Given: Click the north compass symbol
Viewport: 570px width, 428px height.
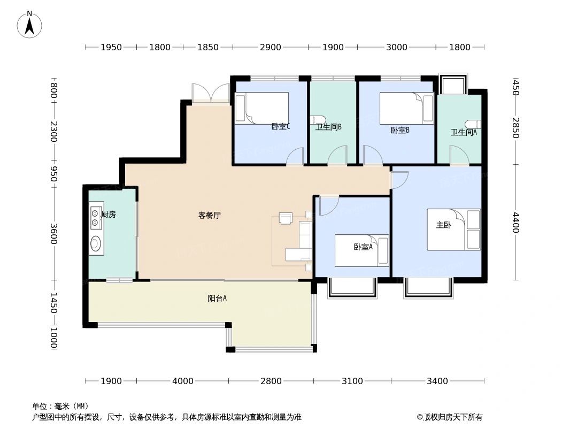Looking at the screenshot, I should (x=30, y=24).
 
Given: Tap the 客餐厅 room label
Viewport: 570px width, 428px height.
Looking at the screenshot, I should (x=210, y=216).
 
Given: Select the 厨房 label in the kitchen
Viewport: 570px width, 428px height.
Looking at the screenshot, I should (x=109, y=214).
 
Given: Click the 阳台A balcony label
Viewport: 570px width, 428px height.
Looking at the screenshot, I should (x=217, y=299).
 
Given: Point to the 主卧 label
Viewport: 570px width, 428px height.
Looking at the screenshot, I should (x=443, y=225).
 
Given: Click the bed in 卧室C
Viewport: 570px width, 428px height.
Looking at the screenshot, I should (x=261, y=108).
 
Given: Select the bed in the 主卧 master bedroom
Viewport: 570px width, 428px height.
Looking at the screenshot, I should (x=453, y=230).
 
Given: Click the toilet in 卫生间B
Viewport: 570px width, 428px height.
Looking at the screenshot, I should (x=318, y=120).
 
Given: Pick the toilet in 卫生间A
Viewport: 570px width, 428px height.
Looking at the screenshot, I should (x=473, y=124).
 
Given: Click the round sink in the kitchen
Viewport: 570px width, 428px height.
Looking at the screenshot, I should (x=96, y=244).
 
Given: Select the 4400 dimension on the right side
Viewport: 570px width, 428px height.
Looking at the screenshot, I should (x=515, y=223).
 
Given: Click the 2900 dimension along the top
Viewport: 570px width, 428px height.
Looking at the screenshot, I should (x=271, y=47).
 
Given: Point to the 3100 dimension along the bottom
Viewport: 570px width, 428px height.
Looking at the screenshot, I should (x=352, y=381).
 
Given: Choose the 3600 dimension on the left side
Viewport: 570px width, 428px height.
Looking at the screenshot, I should (x=53, y=233).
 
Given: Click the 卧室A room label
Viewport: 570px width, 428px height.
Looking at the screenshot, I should (x=363, y=247).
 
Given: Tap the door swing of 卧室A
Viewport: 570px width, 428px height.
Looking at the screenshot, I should (x=327, y=205).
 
